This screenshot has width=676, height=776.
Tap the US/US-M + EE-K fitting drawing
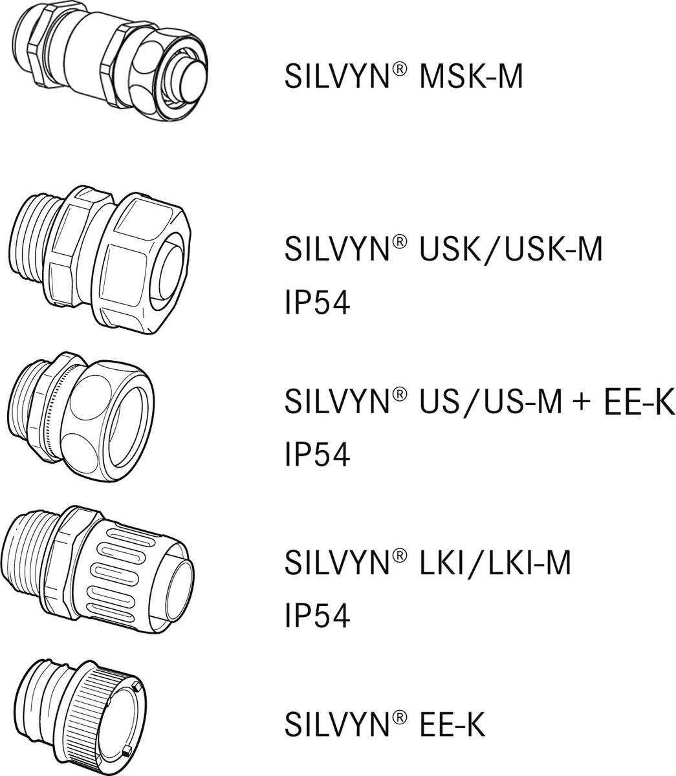coord(81,416)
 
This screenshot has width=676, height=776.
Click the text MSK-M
coord(471,76)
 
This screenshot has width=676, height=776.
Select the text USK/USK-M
coord(510,249)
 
